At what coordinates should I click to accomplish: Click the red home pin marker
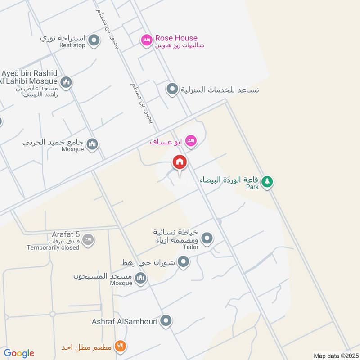[180, 162]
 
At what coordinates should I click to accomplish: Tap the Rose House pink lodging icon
[146, 41]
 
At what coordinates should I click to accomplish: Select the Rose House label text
[176, 38]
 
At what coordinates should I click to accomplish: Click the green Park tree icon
[268, 181]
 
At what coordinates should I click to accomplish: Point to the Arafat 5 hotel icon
[88, 239]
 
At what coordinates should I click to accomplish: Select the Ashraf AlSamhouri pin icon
[166, 321]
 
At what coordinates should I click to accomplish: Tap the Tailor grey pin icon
[207, 238]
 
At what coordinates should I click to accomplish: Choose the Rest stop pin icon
[94, 41]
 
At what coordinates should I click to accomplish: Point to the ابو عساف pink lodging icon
[191, 141]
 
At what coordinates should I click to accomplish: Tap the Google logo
[19, 353]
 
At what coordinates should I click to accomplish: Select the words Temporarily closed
[53, 247]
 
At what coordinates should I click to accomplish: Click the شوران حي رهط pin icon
[183, 261]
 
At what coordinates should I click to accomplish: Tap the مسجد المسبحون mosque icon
[141, 279]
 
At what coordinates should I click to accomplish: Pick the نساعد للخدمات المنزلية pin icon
[172, 89]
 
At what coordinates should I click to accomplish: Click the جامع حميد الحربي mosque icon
[92, 144]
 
